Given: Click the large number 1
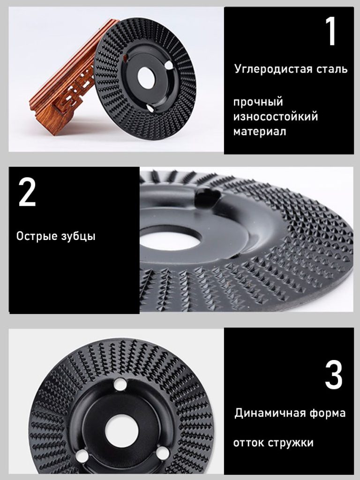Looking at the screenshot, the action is coord(331,31).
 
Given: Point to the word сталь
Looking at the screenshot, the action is coord(332,69).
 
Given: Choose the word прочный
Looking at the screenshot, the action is coord(258,102).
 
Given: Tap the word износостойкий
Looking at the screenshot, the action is coord(276,117).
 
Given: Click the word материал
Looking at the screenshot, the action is coord(260,132).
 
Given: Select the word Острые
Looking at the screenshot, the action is coord(37,236).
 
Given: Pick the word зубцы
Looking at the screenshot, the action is coord(78,236).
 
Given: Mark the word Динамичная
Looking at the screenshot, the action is coord(270,413).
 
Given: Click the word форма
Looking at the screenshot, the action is coord(327,413).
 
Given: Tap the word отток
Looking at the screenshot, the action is coord(249,442).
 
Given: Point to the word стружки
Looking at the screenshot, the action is coord(291,443).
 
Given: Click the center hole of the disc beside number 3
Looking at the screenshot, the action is coord(122,430).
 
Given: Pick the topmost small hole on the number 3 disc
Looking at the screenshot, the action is coord(120,384).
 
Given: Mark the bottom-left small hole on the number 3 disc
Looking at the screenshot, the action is coord(82,456).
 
